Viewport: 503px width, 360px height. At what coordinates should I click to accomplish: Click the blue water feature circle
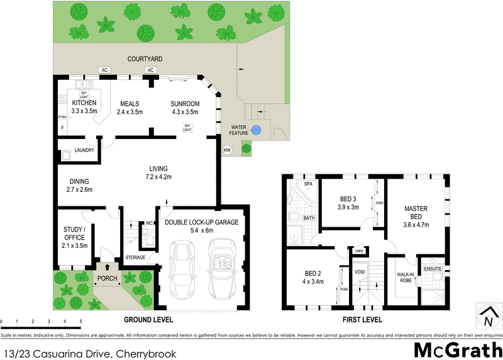coord(256,131)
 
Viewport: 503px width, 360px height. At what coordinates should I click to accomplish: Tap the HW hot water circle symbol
coord(227,150)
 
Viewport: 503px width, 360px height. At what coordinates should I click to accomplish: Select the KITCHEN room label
coord(84,103)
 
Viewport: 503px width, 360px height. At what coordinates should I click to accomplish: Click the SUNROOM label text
coord(185,104)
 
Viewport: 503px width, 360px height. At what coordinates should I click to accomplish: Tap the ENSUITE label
coord(433,269)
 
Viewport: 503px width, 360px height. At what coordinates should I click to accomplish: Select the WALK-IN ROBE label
coord(405,278)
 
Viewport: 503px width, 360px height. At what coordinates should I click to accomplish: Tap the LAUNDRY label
coord(84,150)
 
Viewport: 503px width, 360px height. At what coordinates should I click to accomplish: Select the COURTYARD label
coord(145,59)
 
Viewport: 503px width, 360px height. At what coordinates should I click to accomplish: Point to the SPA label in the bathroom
coord(308,184)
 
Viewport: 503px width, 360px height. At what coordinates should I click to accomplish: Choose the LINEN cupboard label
coord(359,251)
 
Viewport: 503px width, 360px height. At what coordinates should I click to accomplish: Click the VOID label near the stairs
coord(360,273)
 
